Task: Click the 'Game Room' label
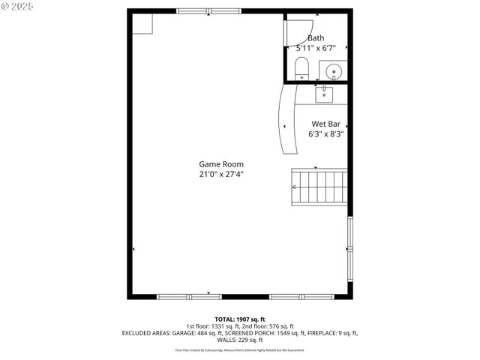tap(220, 164)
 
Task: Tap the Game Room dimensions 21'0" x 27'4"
tap(220, 174)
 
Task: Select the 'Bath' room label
tap(316, 38)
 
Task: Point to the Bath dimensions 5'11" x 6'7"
tap(316, 48)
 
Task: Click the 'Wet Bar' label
tap(326, 124)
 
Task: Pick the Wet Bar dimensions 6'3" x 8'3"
tap(326, 134)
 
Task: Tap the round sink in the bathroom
tap(334, 72)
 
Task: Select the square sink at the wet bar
tap(325, 93)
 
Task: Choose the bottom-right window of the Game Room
tap(302, 297)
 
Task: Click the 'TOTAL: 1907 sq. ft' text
tap(240, 319)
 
